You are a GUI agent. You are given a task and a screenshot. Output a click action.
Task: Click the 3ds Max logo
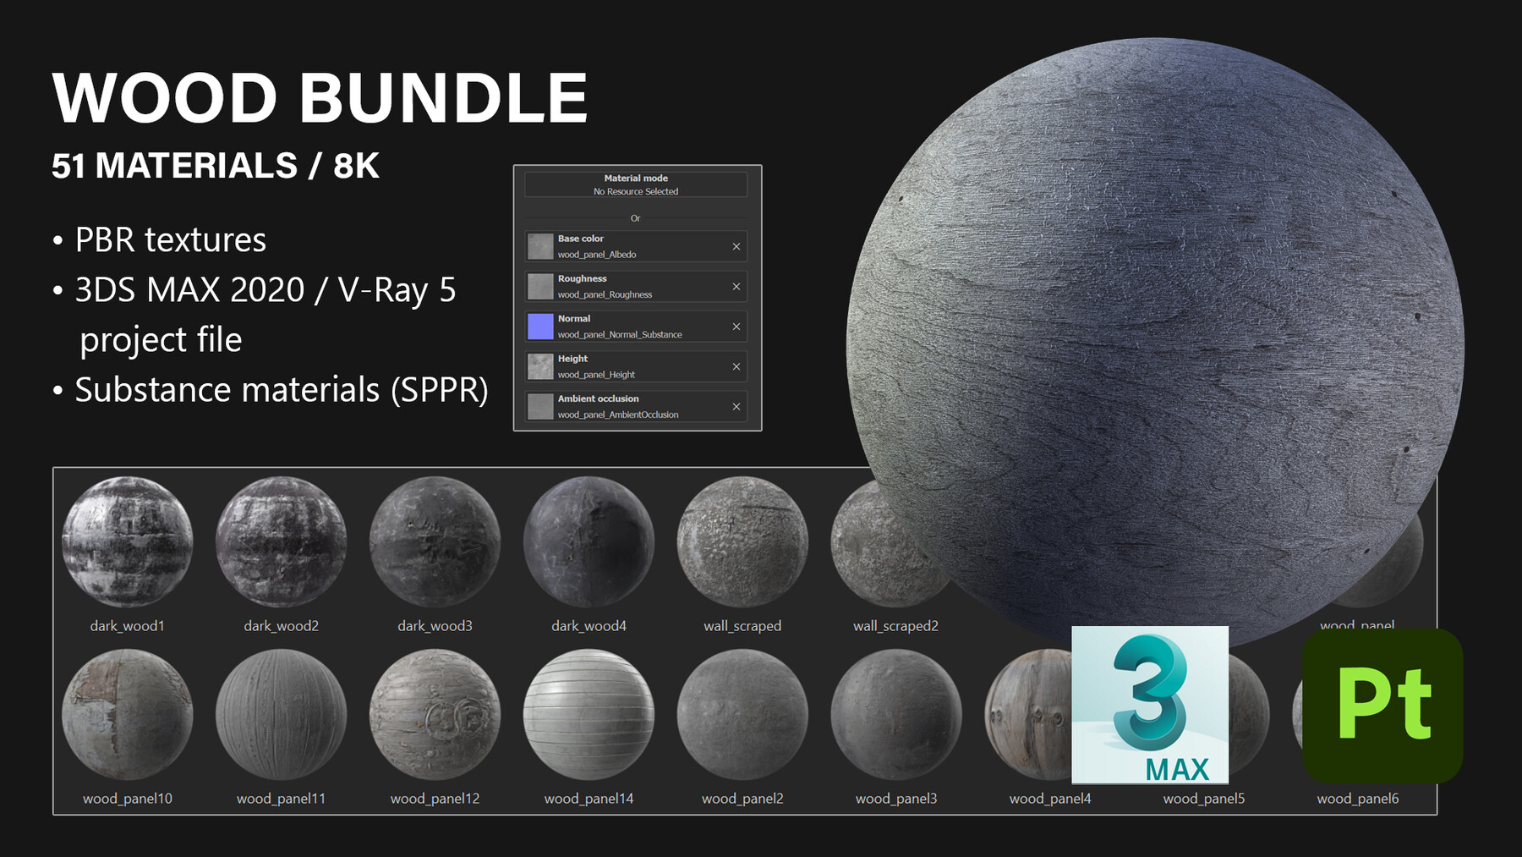point(1149,704)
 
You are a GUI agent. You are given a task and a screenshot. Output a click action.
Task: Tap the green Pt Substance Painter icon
point(1382,706)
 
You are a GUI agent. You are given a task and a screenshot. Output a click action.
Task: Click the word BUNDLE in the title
point(443,98)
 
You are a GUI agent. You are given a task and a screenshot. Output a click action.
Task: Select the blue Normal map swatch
point(540,327)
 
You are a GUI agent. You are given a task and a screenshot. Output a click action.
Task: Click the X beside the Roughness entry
point(736,287)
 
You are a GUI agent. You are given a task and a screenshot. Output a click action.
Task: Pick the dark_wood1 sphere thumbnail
point(128,542)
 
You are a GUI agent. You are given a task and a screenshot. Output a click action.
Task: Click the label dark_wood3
point(435,626)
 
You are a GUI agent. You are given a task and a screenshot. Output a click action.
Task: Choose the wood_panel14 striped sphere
point(589,714)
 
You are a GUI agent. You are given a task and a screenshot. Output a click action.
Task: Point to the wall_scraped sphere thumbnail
point(742,542)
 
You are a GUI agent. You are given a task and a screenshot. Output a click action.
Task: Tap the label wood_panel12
point(435,799)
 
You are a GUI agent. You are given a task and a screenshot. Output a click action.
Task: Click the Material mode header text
point(636,179)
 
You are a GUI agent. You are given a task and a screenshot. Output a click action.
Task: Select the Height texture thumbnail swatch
point(540,366)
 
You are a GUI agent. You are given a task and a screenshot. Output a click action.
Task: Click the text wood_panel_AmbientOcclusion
point(618,415)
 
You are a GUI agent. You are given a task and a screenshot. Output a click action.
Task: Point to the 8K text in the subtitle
point(356,166)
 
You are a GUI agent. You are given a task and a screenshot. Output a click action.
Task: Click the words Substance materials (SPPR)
point(282,390)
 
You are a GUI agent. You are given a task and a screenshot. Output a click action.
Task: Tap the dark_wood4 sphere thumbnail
point(589,542)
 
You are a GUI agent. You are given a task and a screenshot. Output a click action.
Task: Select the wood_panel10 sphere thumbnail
point(128,714)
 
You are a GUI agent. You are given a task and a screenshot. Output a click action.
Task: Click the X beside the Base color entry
point(736,246)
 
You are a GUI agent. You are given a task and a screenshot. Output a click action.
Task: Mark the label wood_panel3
point(896,799)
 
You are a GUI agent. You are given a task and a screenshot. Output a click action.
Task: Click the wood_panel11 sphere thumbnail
point(282,714)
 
